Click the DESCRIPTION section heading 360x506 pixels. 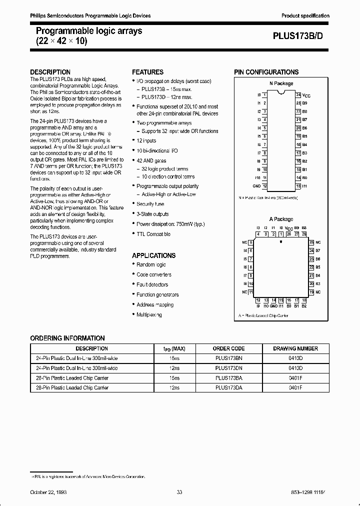tap(50, 72)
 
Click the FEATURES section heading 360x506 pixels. tap(147, 72)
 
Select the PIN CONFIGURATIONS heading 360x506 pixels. tap(266, 72)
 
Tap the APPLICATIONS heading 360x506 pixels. tap(153, 255)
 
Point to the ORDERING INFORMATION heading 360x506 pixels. tap(67, 338)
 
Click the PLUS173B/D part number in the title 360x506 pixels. tap(301, 36)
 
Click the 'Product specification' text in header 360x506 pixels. tap(305, 16)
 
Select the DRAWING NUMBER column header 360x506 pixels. tap(295, 348)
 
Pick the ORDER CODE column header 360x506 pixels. tap(229, 348)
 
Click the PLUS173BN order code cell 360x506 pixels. tap(229, 358)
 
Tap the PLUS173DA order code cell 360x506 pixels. tap(229, 387)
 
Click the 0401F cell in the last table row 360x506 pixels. tap(295, 387)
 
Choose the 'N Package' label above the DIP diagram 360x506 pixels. tap(281, 83)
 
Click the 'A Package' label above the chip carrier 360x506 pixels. tap(281, 219)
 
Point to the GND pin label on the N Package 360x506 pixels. tap(256, 186)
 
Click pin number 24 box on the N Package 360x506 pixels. tap(298, 94)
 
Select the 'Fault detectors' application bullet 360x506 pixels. tap(152, 284)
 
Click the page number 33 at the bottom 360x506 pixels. tap(179, 492)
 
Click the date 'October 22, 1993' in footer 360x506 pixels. tap(48, 492)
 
